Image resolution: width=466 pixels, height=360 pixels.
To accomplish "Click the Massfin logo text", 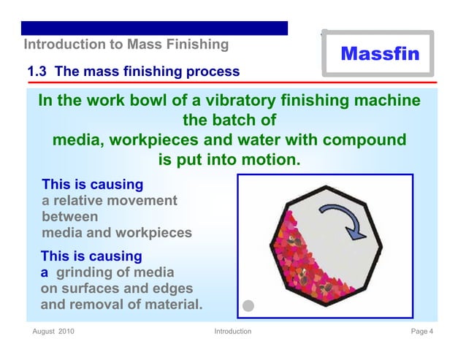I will tap(379, 53).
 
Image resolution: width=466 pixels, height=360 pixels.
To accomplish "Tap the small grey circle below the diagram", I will tap(248, 306).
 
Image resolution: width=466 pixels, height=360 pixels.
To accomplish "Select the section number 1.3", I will tap(38, 72).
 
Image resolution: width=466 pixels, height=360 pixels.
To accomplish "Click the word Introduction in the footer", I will tap(232, 332).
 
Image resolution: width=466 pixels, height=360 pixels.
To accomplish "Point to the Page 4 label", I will tap(422, 332).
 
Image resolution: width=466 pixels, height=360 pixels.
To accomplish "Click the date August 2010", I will tap(53, 332).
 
